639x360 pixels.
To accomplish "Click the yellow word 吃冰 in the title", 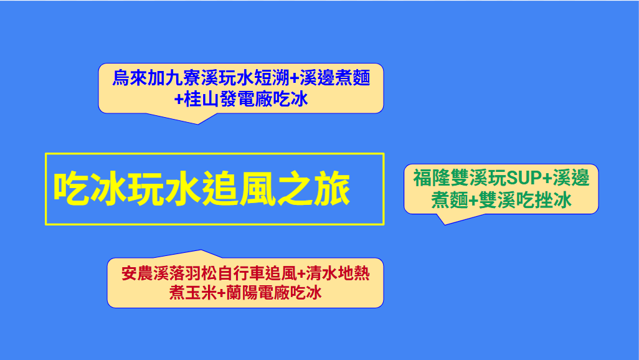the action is pyautogui.click(x=90, y=189).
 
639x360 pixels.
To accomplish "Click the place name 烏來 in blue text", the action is pyautogui.click(x=130, y=78).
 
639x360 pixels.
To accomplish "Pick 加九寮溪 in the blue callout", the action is pyautogui.click(x=183, y=78).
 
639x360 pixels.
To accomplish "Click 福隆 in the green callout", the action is pyautogui.click(x=432, y=178).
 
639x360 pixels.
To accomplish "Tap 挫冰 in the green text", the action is pyautogui.click(x=554, y=200).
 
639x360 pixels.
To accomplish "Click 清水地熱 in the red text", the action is pyautogui.click(x=338, y=273).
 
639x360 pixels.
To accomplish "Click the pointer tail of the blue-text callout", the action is pyautogui.click(x=198, y=123).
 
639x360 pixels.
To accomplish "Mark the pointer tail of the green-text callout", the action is pyautogui.click(x=444, y=224).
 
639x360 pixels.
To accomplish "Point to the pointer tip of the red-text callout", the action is pyautogui.click(x=201, y=250).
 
